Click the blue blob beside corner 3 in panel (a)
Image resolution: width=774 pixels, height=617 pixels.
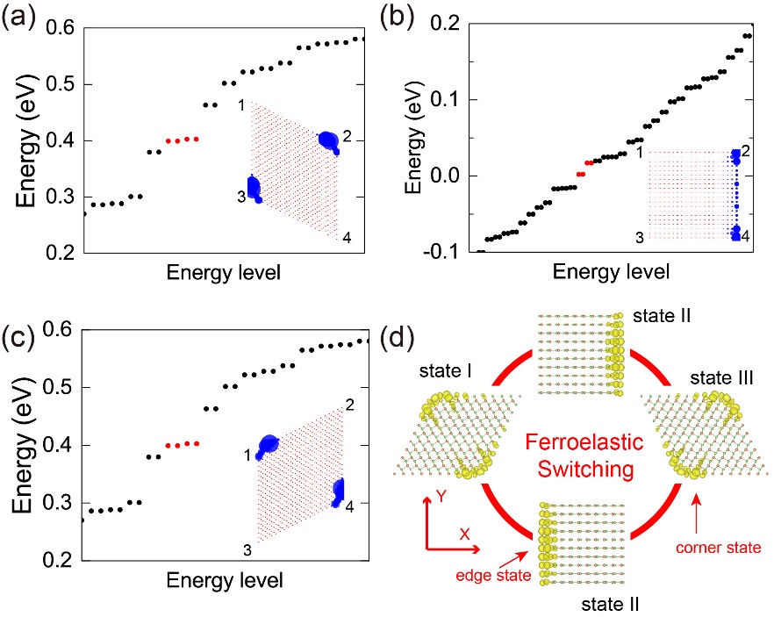click(254, 189)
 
